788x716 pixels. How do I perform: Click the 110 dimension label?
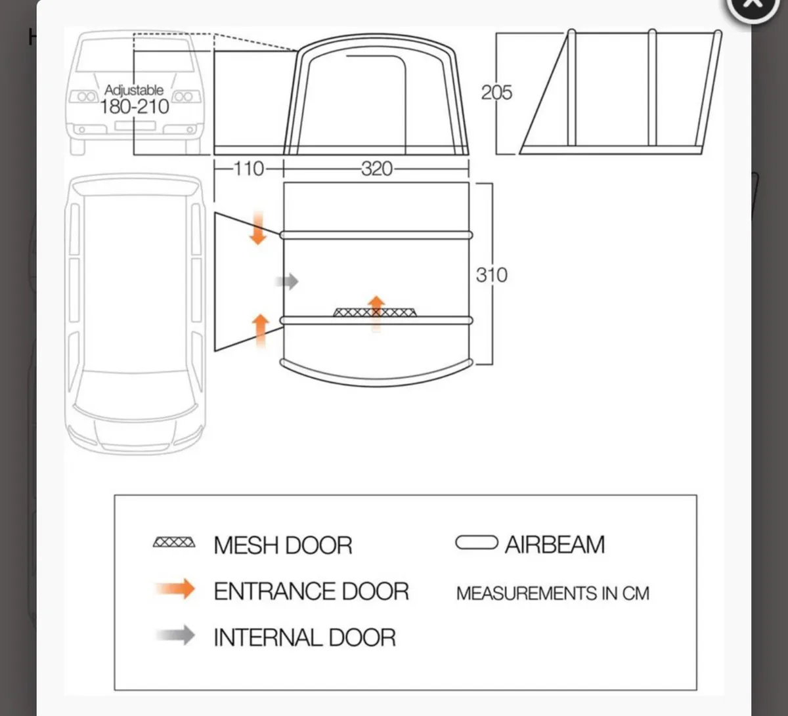tap(249, 169)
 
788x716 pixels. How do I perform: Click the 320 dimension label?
tap(376, 169)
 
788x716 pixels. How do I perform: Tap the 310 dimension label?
tap(492, 274)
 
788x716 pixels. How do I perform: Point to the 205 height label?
tap(496, 93)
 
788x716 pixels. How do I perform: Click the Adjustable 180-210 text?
tap(135, 99)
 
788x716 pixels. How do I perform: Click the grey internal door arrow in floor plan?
tap(286, 282)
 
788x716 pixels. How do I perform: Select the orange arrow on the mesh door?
tap(376, 309)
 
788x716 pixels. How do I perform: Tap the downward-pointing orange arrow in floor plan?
tap(258, 228)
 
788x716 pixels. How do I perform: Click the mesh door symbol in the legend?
tap(174, 543)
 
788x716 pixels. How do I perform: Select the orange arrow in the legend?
tap(176, 589)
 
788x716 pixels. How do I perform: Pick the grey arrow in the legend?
tap(176, 635)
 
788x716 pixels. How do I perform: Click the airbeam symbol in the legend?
tap(476, 543)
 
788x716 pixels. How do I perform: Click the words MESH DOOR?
tap(283, 545)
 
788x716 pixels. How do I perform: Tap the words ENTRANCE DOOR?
tap(311, 591)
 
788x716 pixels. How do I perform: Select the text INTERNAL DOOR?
tap(305, 637)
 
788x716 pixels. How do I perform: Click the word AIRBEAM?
tap(555, 545)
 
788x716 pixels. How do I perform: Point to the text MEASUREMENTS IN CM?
tap(552, 593)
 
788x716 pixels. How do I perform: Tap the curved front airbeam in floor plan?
tap(376, 372)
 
